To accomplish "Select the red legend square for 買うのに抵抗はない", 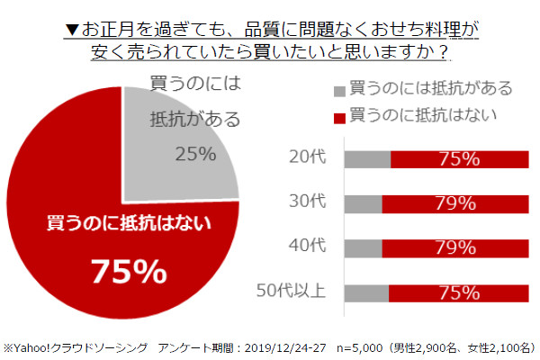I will pyautogui.click(x=339, y=116).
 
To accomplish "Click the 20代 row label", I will pyautogui.click(x=310, y=159).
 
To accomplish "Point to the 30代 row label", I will pyautogui.click(x=310, y=203).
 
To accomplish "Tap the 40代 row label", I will pyautogui.click(x=310, y=247).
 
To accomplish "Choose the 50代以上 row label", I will pyautogui.click(x=296, y=292).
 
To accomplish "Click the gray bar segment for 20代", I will pyautogui.click(x=367, y=159).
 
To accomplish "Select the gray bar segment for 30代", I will pyautogui.click(x=364, y=203).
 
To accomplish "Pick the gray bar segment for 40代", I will pyautogui.click(x=364, y=247).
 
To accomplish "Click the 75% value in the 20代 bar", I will pyautogui.click(x=458, y=159).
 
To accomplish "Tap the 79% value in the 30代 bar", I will pyautogui.click(x=456, y=203).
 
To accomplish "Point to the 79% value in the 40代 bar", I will pyautogui.click(x=456, y=247).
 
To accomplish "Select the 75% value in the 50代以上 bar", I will pyautogui.click(x=458, y=292).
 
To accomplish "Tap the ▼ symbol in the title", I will pyautogui.click(x=72, y=30).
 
